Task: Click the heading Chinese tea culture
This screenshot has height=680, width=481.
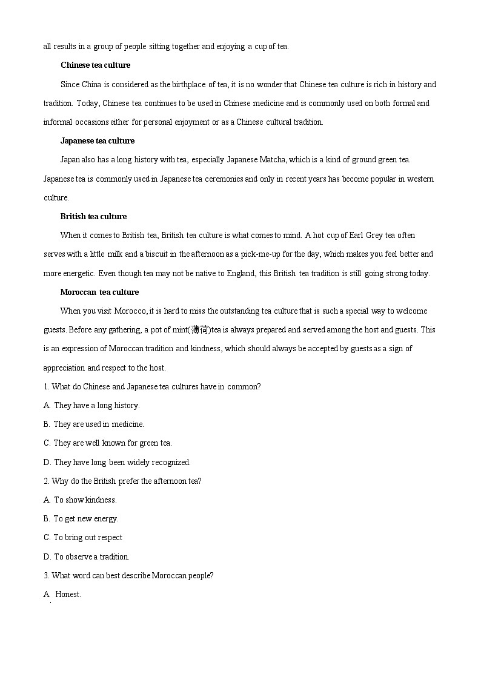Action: pyautogui.click(x=95, y=65)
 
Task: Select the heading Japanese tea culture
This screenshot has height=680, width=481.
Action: pyautogui.click(x=98, y=141)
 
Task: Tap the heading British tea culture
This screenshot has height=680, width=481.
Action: pyautogui.click(x=93, y=217)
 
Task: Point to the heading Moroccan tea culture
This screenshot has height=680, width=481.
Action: pyautogui.click(x=99, y=292)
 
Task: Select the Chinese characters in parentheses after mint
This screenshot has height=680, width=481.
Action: pyautogui.click(x=201, y=330)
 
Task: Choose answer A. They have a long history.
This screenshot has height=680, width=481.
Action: pyautogui.click(x=91, y=406)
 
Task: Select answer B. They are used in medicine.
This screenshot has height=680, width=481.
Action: pyautogui.click(x=94, y=424)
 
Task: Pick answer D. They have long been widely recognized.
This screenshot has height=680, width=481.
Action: pyautogui.click(x=117, y=463)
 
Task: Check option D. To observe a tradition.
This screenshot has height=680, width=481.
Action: pyautogui.click(x=87, y=557)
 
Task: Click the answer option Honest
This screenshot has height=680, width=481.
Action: pyautogui.click(x=68, y=595)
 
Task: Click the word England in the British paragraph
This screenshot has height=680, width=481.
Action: pyautogui.click(x=240, y=274)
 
